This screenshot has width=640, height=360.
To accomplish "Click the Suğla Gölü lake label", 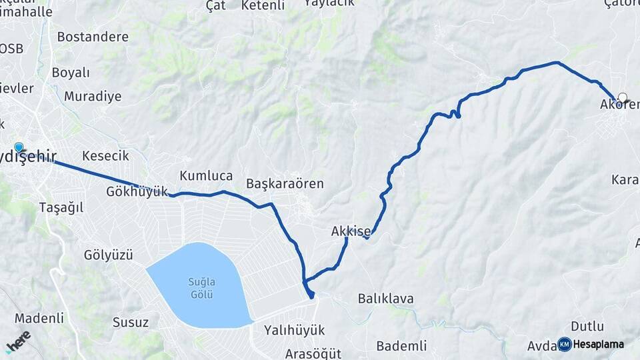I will pos(199,288).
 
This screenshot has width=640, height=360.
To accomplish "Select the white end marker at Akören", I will pos(623,97).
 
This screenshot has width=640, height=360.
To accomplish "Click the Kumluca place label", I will pos(206,176).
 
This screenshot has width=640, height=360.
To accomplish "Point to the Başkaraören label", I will pos(285,183).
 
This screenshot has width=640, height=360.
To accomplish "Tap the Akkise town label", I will pos(351,231).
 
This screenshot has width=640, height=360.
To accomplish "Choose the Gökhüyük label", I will pos(137,191).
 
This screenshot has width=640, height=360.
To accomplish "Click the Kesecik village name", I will pos(105,155).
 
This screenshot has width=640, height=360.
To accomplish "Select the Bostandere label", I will pos(92,37).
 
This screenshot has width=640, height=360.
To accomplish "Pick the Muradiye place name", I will pos(93,96).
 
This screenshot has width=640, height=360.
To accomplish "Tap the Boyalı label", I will pos(70,73).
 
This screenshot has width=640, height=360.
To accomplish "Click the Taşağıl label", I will pos(61,207).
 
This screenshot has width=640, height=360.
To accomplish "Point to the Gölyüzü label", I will pos(109,255).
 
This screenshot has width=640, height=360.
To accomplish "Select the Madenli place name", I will pos(39,317).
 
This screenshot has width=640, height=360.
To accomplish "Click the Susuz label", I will pos(130,323).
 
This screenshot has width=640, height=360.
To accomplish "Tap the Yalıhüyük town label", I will pos(294,330).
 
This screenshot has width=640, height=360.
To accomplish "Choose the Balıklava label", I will pos(385,298).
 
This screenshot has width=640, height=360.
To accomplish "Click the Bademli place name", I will pos(401,345).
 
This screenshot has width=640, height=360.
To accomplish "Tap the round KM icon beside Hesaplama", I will pos(564,344).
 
